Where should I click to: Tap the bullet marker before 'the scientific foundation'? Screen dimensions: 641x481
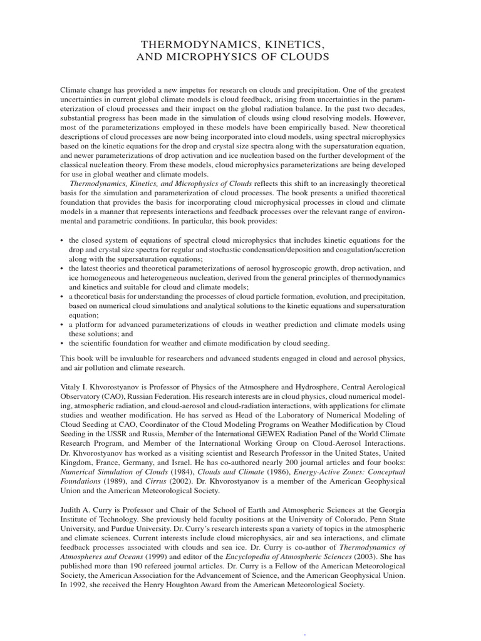(62, 344)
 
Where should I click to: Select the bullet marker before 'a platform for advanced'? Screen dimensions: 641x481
(62, 325)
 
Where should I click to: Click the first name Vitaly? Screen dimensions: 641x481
(72, 387)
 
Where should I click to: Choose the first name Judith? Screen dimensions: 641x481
(72, 510)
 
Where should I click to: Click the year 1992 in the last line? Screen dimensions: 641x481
(78, 585)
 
